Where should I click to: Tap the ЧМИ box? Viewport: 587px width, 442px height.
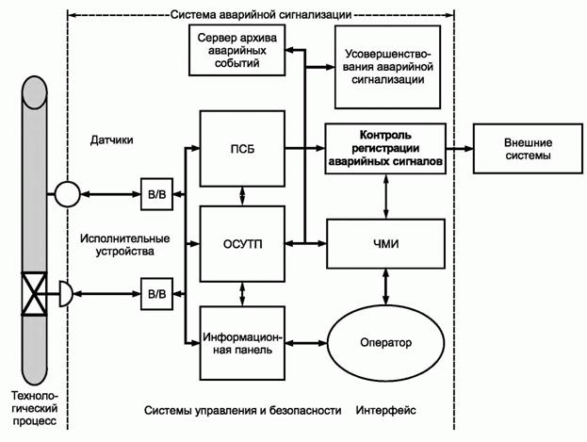point(384,243)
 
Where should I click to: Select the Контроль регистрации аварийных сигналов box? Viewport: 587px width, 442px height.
point(384,148)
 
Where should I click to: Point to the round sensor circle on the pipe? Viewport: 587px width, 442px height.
point(68,193)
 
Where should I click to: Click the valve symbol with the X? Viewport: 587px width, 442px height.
point(37,294)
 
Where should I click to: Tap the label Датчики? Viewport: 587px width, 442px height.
point(112,139)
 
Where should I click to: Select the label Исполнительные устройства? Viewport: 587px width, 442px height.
point(112,246)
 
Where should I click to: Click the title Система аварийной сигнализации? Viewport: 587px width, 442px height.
point(261,14)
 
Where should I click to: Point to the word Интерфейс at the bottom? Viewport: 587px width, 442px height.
point(386,411)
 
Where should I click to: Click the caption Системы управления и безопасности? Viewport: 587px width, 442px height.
point(241,411)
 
